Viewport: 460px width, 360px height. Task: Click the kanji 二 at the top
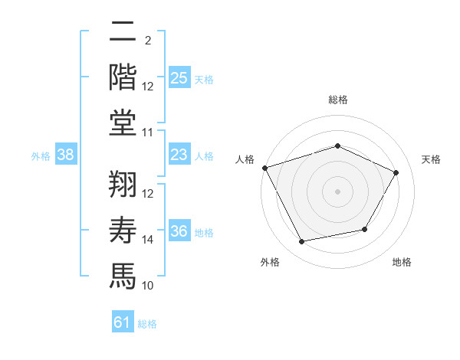point(123,31)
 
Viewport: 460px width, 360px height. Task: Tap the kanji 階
point(123,77)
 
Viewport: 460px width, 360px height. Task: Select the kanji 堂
point(123,123)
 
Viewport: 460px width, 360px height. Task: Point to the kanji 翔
point(123,184)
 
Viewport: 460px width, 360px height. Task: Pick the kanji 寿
point(123,230)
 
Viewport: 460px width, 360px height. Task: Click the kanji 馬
point(123,277)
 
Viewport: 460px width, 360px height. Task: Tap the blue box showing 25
point(179,77)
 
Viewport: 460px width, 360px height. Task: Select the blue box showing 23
point(179,154)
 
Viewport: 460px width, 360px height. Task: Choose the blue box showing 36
point(179,230)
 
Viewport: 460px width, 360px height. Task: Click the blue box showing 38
point(66,154)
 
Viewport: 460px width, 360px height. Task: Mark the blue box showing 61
point(123,321)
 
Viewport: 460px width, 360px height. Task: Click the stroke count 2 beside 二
point(148,41)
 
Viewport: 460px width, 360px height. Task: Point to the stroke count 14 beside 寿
point(147,240)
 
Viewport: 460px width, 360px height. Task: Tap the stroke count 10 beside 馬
point(147,286)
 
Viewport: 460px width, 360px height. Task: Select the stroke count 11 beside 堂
point(147,133)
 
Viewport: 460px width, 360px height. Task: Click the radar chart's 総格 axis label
point(338,100)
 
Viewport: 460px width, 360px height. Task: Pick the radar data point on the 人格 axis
point(265,168)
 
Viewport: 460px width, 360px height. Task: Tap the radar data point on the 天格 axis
point(396,172)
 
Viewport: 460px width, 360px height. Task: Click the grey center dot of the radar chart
point(337,191)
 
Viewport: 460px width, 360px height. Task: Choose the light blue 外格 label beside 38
point(41,156)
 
